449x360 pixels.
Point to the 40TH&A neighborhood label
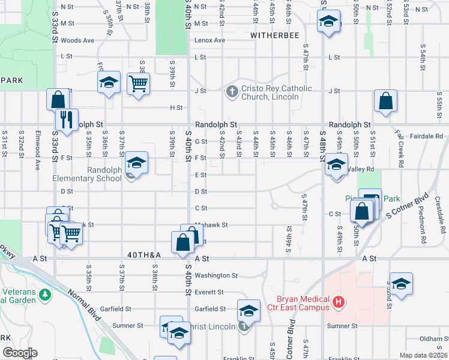[145, 255]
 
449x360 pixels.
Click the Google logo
[20, 353]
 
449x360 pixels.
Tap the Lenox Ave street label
[209, 40]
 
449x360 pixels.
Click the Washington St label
[216, 275]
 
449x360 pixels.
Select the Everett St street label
[209, 292]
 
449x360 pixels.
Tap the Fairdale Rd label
[427, 136]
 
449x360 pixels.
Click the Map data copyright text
[424, 355]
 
